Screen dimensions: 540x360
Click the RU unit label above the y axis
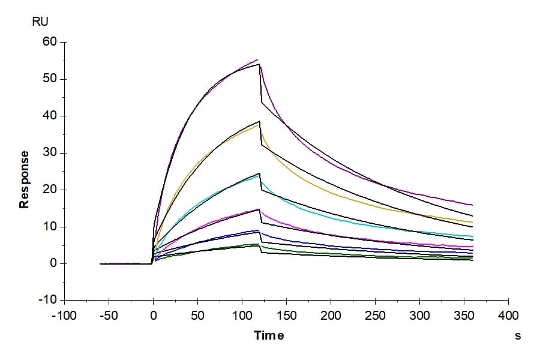(40, 22)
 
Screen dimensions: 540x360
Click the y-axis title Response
(24, 179)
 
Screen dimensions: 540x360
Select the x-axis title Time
(269, 335)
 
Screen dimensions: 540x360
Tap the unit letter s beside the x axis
(518, 336)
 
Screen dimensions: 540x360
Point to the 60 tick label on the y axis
(50, 41)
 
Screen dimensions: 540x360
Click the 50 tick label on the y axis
(50, 79)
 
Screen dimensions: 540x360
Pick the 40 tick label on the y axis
(50, 115)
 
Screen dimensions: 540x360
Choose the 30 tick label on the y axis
(50, 152)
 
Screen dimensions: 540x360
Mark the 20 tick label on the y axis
(50, 190)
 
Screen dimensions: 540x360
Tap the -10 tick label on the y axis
(47, 300)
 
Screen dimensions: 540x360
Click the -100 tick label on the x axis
(64, 315)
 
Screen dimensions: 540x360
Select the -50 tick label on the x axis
(109, 315)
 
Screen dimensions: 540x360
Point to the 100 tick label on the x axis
(242, 315)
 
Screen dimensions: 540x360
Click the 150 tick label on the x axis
(287, 315)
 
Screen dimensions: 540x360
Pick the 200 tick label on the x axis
(331, 315)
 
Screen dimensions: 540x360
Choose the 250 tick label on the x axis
(376, 315)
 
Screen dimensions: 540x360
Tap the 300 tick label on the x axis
(420, 315)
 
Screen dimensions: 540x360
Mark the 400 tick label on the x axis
(509, 315)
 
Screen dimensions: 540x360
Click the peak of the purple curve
(257, 60)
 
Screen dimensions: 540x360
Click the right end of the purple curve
(473, 205)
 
